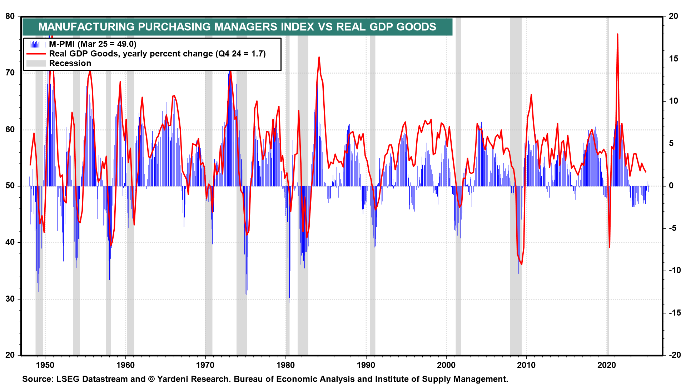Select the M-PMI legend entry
93,44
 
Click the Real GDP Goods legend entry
157,54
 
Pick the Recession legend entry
70,63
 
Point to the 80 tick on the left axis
10,16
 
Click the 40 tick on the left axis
10,242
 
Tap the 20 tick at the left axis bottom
10,355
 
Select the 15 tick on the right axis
673,59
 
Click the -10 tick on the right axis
675,270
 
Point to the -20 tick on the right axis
675,355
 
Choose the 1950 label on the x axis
45,365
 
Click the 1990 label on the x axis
366,365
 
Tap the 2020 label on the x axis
607,365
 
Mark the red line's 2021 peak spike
617,35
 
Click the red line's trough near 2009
522,264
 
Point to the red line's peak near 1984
319,57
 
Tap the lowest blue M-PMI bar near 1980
289,302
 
